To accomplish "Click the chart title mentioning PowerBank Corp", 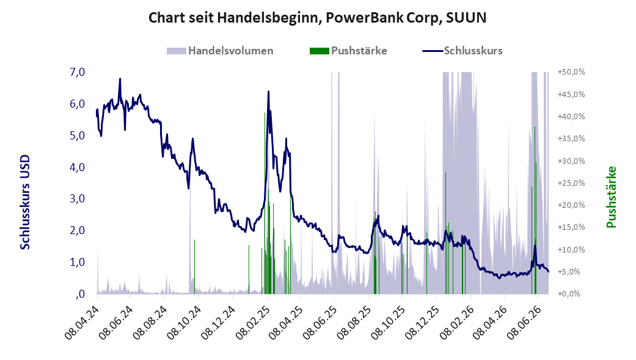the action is coord(318,18).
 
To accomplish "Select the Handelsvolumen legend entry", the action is coord(220,51).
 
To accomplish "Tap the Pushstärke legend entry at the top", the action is coord(348,51).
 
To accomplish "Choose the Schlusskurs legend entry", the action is coord(462,51).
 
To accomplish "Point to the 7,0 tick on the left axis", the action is coord(77,72).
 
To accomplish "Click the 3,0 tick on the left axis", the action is coord(77,199).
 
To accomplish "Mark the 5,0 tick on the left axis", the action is coord(77,136).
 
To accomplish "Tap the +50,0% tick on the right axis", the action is coord(571,72).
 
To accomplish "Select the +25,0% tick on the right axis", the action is coord(571,183).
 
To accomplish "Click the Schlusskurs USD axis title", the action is coord(25,202).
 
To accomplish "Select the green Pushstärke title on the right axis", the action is coord(612,197).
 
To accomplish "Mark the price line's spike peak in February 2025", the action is coord(268,92).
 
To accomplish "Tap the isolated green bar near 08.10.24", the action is coord(195,266).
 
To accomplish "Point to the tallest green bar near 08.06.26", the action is coord(535,210).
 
